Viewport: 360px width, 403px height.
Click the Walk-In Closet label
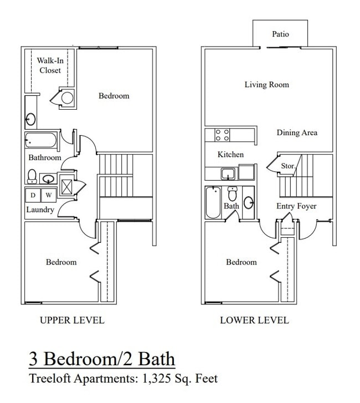point(49,65)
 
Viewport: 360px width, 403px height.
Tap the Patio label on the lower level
point(280,34)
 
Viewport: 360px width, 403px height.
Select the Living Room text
point(267,85)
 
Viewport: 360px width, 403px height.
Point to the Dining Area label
point(297,132)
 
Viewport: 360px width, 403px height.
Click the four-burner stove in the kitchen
point(222,135)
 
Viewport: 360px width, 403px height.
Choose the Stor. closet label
point(288,165)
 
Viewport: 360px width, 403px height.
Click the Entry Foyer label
point(296,206)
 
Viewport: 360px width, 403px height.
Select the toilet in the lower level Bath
point(233,194)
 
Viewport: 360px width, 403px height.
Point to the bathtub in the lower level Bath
point(213,203)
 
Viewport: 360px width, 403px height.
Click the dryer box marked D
point(33,195)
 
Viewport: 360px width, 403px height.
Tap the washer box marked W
point(48,195)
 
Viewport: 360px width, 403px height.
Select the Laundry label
point(40,210)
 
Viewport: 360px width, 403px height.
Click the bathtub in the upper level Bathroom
point(41,141)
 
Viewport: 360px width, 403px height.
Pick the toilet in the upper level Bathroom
point(32,177)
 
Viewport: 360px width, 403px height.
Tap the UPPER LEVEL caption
point(72,320)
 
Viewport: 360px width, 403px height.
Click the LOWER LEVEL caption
point(254,320)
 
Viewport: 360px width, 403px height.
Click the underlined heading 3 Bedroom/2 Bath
point(102,359)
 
